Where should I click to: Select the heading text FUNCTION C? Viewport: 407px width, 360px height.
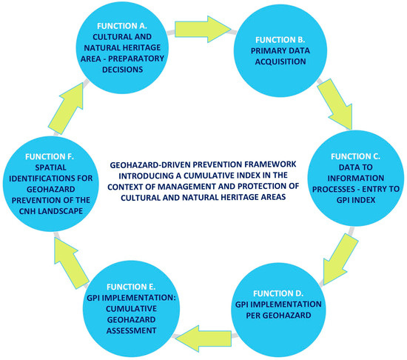coord(352,158)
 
